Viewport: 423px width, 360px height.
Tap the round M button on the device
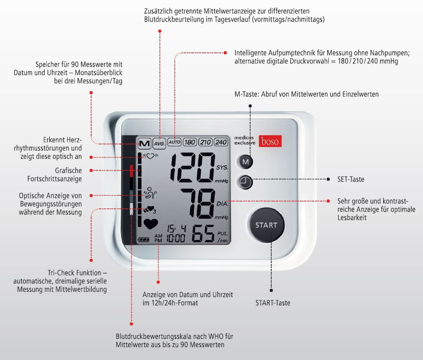click(245, 162)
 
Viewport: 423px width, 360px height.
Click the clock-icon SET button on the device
click(245, 182)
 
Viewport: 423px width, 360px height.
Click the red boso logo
click(270, 141)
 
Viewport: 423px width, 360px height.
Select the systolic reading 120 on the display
click(193, 167)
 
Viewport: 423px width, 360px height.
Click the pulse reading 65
click(204, 234)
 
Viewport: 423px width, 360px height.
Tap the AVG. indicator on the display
click(159, 144)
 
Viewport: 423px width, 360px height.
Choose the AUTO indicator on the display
click(174, 142)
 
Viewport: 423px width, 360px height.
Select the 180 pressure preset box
click(190, 142)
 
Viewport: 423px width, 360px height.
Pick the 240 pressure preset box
click(221, 142)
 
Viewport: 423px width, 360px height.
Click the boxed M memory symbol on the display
click(145, 144)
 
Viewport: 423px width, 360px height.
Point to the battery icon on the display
click(144, 240)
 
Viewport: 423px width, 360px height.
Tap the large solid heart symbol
click(151, 224)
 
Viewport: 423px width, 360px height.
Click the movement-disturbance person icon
click(150, 192)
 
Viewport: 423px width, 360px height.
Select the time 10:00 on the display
click(176, 238)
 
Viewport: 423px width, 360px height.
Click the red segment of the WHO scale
click(132, 171)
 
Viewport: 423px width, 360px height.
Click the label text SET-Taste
click(350, 180)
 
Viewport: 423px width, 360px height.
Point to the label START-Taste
click(273, 303)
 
